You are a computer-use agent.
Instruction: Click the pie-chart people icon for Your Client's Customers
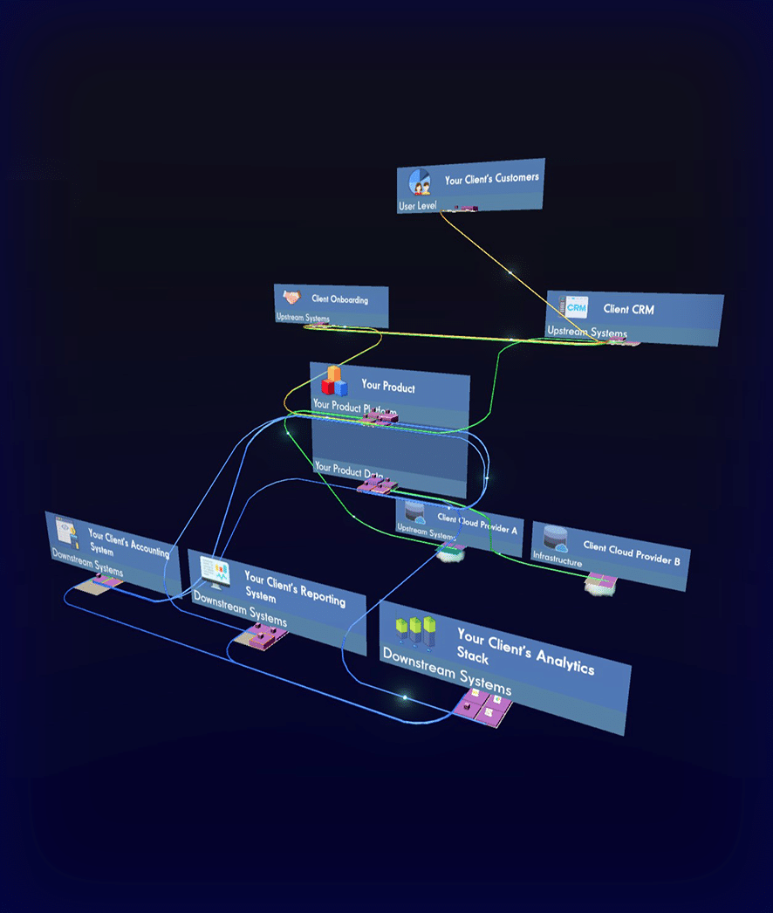421,182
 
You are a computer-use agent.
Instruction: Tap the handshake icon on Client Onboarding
291,298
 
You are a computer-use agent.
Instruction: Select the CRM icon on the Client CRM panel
577,307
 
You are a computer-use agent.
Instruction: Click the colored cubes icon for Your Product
334,381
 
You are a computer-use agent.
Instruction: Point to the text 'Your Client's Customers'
491,178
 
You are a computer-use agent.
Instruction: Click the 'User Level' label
418,206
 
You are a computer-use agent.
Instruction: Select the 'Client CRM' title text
628,309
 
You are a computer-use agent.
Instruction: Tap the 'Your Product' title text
388,386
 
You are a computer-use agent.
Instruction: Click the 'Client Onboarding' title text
339,299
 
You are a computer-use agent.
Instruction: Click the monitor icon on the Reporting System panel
215,571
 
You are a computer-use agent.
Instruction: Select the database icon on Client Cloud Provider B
556,539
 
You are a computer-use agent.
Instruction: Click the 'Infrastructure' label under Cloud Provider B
558,563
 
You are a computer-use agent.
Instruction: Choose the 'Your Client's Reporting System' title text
293,589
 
